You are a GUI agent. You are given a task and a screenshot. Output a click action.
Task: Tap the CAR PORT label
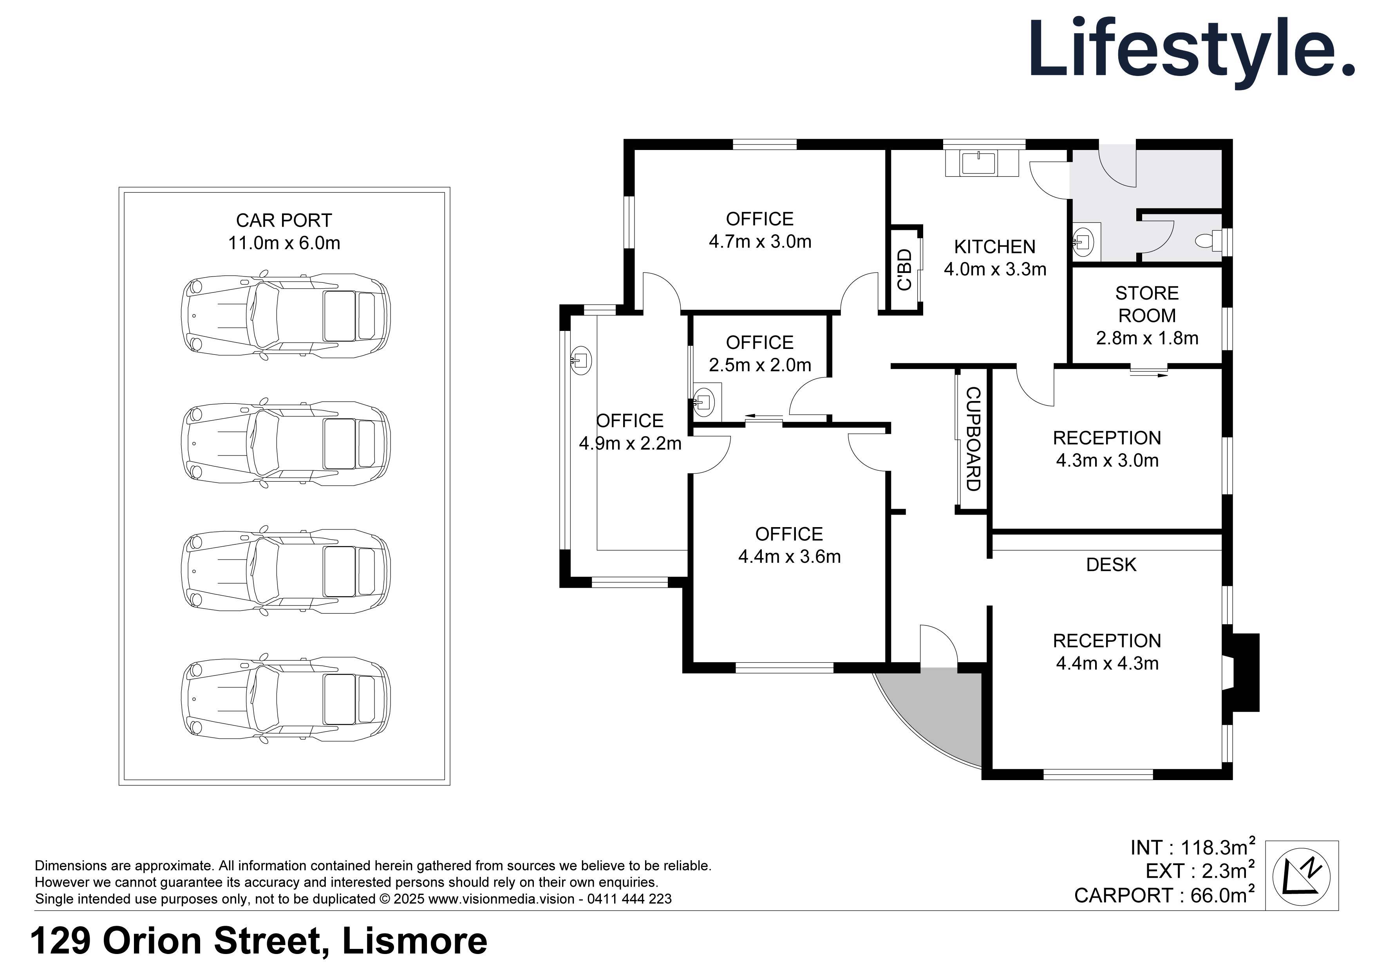(x=284, y=220)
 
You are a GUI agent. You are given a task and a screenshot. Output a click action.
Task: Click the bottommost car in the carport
(x=286, y=699)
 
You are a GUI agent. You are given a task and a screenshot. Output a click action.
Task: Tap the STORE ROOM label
(x=1146, y=304)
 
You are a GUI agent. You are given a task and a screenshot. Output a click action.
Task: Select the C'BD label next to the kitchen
(x=905, y=269)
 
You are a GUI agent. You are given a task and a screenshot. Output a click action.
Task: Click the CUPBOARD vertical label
(x=973, y=439)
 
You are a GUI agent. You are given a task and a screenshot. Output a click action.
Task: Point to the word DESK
(x=1111, y=564)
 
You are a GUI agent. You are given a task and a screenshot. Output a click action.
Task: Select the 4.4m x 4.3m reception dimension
(x=1107, y=663)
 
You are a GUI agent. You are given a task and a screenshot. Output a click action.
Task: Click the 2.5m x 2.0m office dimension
(x=759, y=365)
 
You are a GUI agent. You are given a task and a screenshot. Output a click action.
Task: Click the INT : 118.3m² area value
(x=1192, y=847)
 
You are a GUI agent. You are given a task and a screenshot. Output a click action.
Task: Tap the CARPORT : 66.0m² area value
(x=1164, y=895)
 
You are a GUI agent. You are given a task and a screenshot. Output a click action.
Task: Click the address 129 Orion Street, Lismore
(x=259, y=941)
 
